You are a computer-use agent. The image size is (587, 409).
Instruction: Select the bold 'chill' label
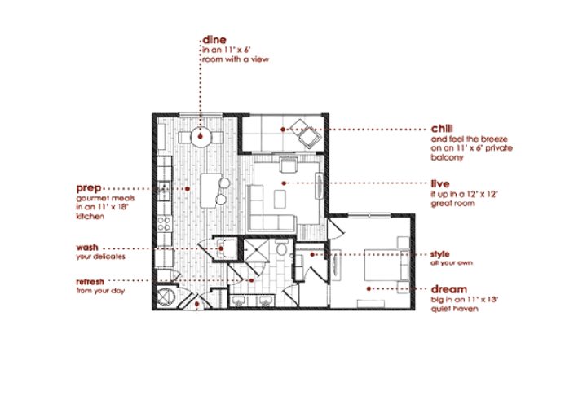[x=443, y=129]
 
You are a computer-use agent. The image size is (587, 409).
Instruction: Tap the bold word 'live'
[x=439, y=184]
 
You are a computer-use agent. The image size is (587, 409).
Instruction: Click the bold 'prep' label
[x=88, y=187]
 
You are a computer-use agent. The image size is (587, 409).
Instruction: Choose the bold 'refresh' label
[x=91, y=281]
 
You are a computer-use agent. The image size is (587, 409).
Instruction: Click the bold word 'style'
[x=439, y=253]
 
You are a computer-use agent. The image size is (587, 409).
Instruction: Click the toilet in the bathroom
[x=280, y=249]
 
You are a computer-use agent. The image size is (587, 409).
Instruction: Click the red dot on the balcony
[x=282, y=129]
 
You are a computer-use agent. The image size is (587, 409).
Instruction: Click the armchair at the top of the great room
[x=287, y=166]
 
